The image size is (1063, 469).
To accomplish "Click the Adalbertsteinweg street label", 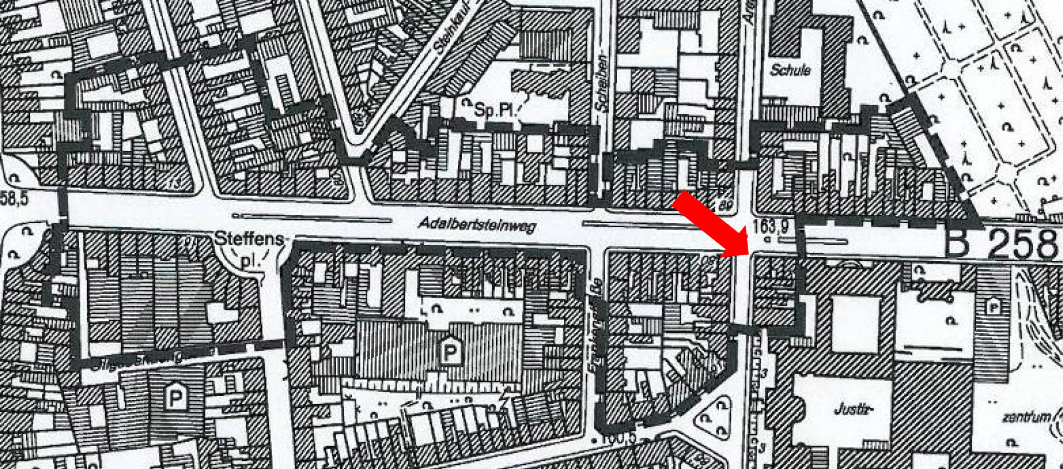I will (x=477, y=225).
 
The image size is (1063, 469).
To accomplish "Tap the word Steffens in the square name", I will (x=250, y=239).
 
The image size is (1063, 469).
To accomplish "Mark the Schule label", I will (x=790, y=70).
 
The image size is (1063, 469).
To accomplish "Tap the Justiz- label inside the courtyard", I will (x=851, y=409).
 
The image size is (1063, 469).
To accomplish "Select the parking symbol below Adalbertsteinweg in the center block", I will (x=449, y=352).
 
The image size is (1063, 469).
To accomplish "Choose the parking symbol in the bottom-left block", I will (x=174, y=398).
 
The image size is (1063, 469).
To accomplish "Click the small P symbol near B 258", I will (x=992, y=306).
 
